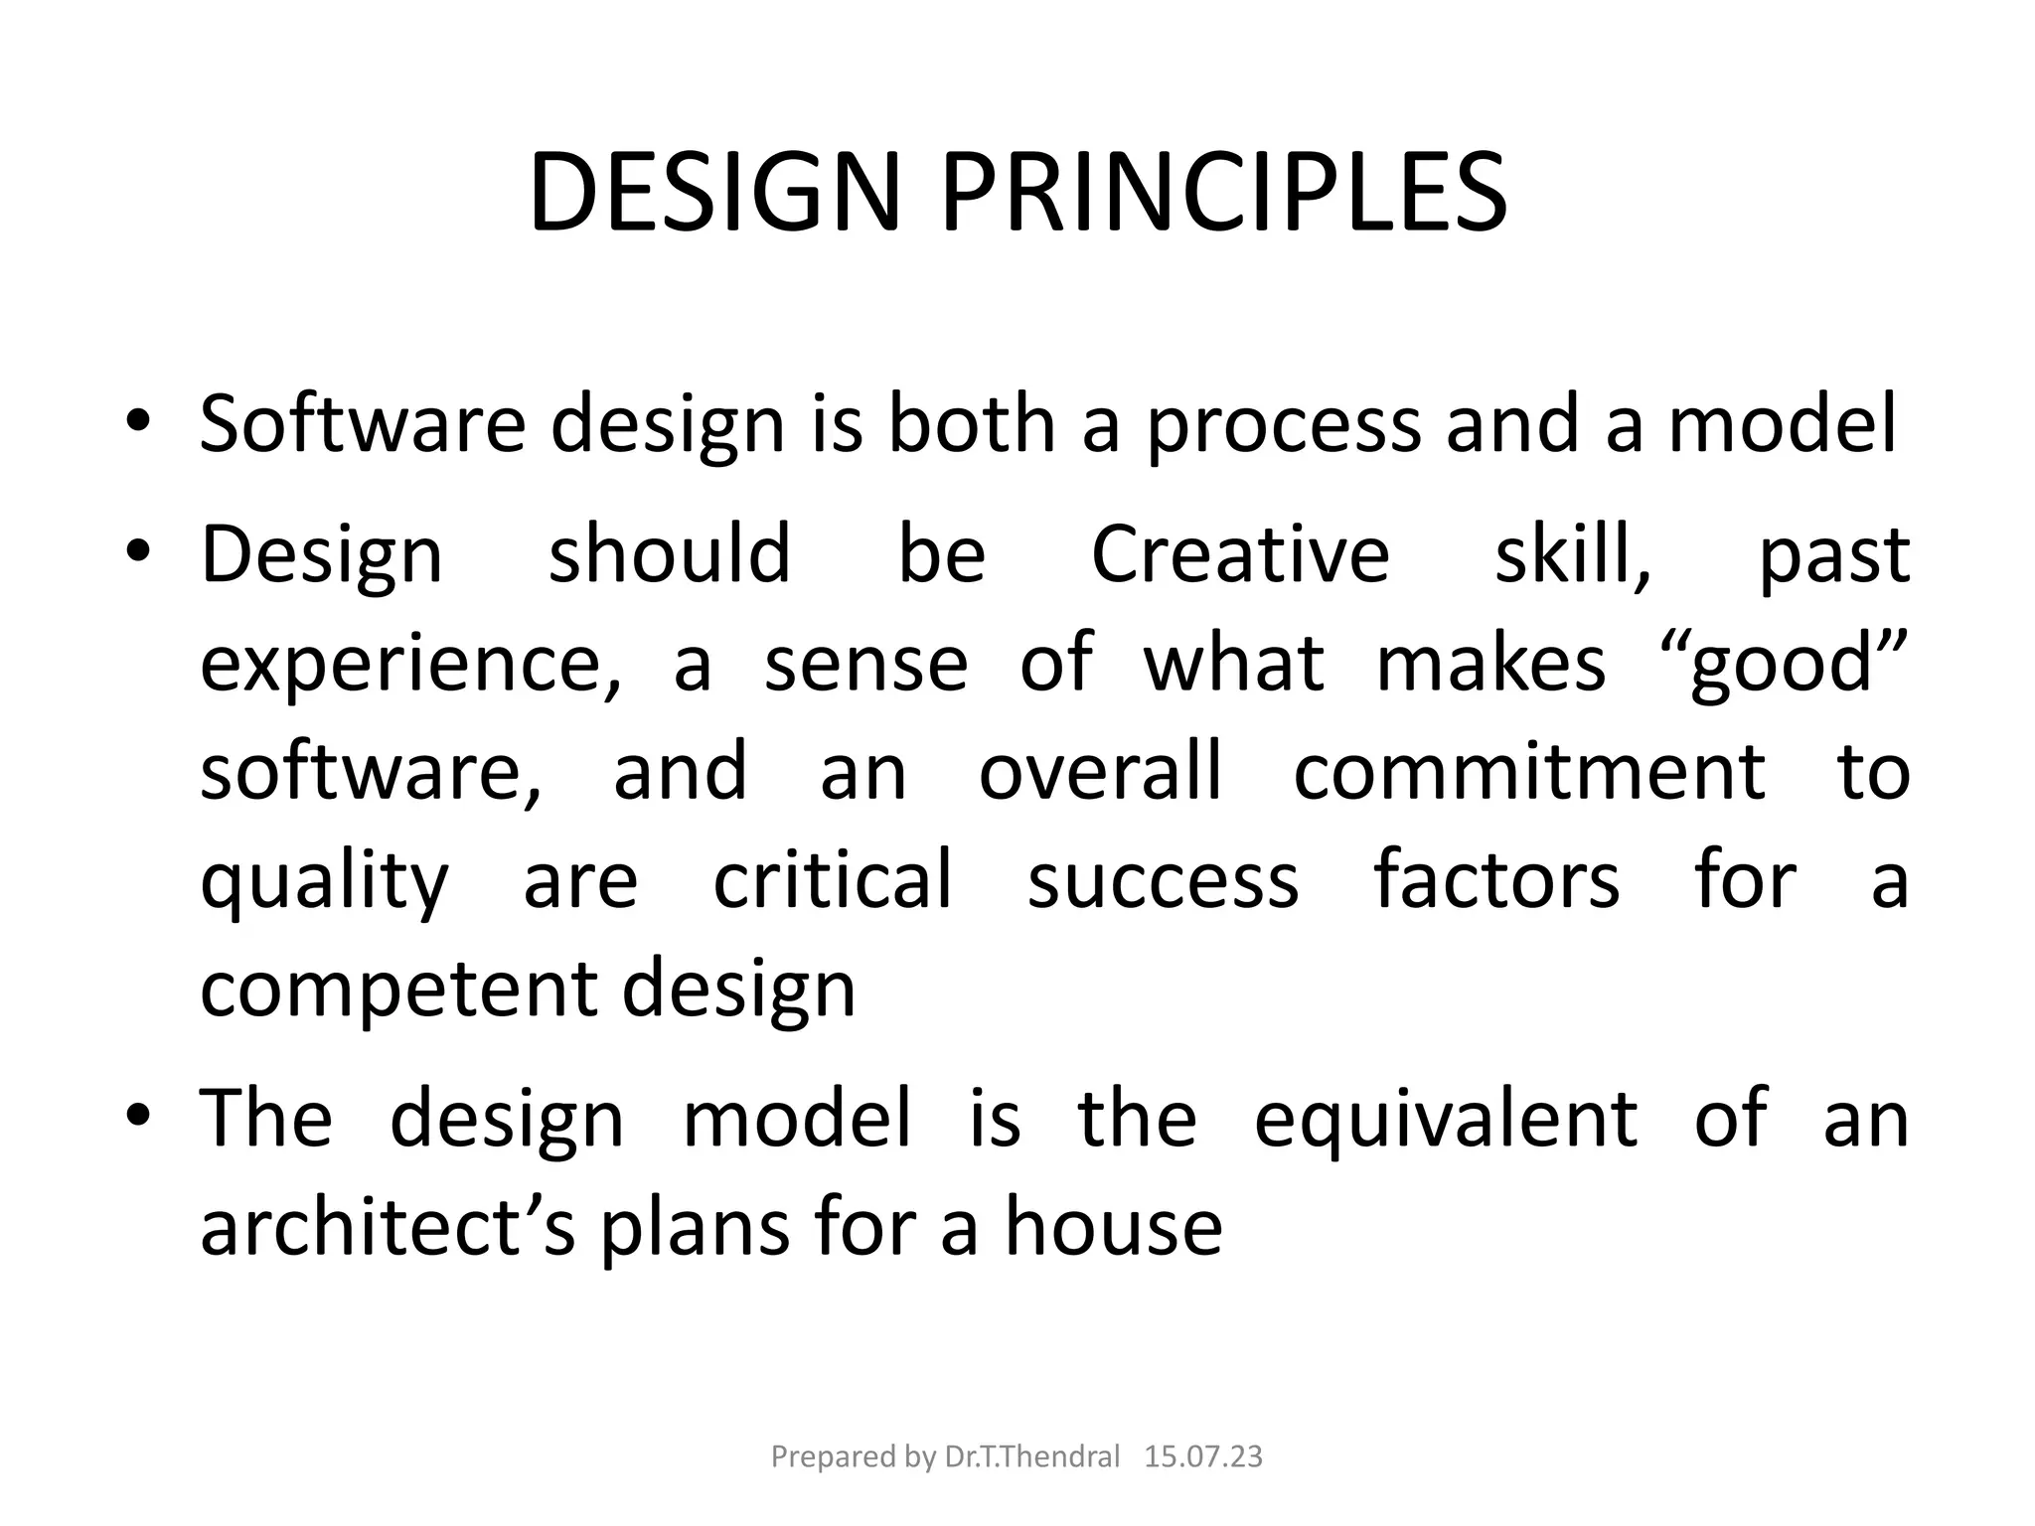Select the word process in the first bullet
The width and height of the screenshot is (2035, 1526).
point(1284,425)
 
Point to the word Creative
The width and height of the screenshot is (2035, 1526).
point(1240,553)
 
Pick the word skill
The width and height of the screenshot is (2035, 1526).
point(1572,553)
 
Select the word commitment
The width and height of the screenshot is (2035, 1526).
point(1528,772)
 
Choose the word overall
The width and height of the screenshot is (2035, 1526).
point(1100,772)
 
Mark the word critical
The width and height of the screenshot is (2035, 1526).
point(833,880)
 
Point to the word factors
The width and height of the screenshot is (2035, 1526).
point(1496,880)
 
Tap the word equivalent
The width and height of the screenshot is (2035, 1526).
point(1445,1120)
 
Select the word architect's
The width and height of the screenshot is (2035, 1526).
point(388,1228)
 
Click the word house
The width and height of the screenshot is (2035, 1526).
point(1113,1228)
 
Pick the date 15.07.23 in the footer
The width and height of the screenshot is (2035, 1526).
point(1203,1457)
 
